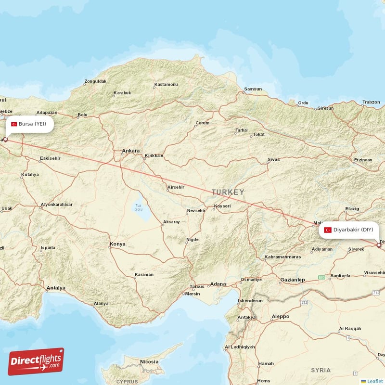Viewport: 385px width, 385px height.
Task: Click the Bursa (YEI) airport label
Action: point(29,124)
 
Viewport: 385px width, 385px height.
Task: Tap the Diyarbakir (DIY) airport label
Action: point(349,230)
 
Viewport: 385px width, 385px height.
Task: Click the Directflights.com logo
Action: point(36,361)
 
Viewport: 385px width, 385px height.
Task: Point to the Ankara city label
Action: point(131,151)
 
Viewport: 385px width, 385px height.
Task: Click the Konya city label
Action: point(117,244)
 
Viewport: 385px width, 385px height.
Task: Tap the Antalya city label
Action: point(55,288)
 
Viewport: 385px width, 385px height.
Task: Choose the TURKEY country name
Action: point(228,192)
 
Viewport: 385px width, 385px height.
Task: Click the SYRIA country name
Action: point(321,370)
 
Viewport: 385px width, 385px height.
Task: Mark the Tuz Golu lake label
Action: point(139,207)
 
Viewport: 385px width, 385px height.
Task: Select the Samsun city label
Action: point(253,89)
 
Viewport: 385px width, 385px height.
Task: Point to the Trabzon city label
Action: point(371,102)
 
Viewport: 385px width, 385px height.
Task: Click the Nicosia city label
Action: point(149,361)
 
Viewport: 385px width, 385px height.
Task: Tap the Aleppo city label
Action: point(280,316)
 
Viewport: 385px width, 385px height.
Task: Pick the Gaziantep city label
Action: point(293,280)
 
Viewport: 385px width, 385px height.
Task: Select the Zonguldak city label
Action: point(95,81)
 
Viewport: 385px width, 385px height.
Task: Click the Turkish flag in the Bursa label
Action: point(14,124)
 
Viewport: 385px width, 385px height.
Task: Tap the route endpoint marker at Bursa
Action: point(6,139)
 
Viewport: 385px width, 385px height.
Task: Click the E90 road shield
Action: point(321,277)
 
